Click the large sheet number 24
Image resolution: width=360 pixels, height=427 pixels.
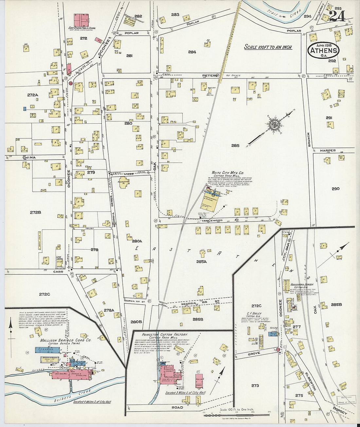tap(337, 16)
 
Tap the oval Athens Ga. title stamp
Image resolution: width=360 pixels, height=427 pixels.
tap(323, 51)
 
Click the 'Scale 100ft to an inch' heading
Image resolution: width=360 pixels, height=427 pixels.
tap(268, 47)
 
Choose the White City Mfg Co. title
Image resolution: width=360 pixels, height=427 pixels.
tap(228, 172)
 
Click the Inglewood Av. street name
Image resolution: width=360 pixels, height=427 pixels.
tap(212, 221)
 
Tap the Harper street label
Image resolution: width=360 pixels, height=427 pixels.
tap(328, 151)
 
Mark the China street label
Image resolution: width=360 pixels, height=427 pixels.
tap(29, 157)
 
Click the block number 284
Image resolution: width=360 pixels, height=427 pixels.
tap(192, 52)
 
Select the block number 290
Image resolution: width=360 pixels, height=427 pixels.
tap(335, 188)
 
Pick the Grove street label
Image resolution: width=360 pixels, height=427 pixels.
tap(254, 353)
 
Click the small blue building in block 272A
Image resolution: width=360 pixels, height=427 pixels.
tap(25, 109)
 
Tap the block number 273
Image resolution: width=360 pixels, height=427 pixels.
tap(255, 385)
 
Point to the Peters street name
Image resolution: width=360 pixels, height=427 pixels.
tap(210, 76)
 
